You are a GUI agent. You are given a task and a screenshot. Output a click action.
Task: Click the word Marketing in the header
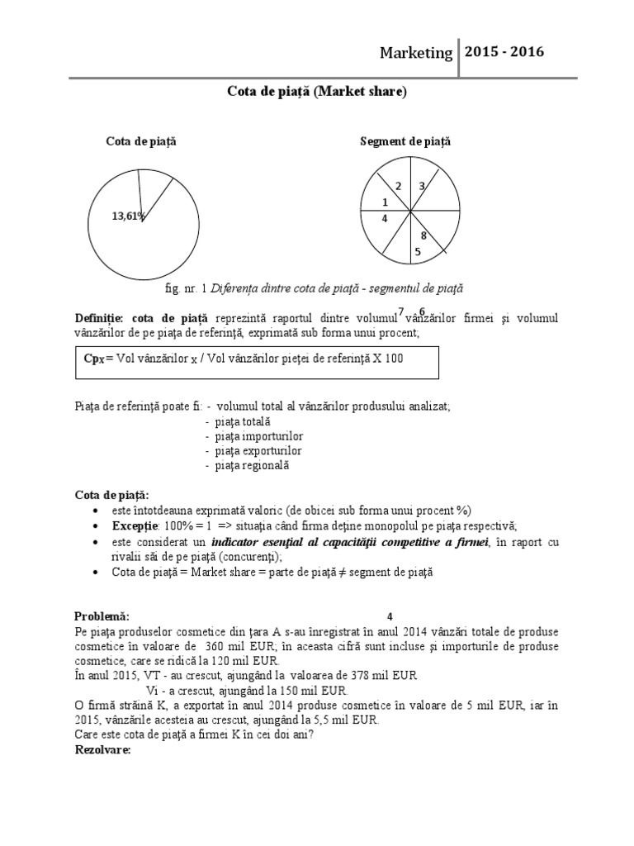coord(415,53)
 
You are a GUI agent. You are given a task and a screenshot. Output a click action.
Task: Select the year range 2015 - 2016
coord(504,52)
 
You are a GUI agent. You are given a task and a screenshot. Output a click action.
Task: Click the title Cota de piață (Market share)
coord(317,93)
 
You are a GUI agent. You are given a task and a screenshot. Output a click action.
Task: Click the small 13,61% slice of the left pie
coord(154,194)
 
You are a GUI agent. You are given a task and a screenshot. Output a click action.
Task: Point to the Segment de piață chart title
coord(405,142)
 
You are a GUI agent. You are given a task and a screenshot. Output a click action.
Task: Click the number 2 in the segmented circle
coord(398,187)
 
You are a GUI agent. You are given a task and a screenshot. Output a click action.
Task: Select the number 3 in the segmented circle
coord(422,187)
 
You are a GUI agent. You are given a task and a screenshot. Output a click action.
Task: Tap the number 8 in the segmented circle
coord(423,235)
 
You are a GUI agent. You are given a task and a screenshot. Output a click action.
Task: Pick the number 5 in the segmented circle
coord(418,252)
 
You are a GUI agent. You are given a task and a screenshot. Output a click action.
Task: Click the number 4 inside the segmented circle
coord(385,219)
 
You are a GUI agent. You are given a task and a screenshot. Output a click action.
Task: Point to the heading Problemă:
coord(102,616)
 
